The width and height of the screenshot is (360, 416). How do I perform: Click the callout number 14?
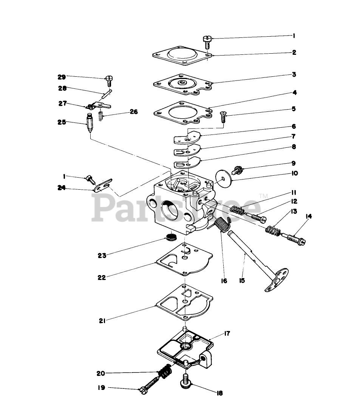coord(309,216)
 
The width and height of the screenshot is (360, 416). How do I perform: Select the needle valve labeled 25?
coord(90,123)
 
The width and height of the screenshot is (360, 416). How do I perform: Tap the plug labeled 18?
coord(185,381)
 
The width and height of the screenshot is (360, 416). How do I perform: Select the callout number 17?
coord(227,334)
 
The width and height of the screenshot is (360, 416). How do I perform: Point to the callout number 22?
coord(101,277)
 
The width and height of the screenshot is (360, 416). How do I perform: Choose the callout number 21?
coord(102,321)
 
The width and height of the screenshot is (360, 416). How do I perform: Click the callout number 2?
coord(294,53)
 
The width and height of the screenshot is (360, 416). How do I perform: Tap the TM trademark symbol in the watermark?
coord(263,196)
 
